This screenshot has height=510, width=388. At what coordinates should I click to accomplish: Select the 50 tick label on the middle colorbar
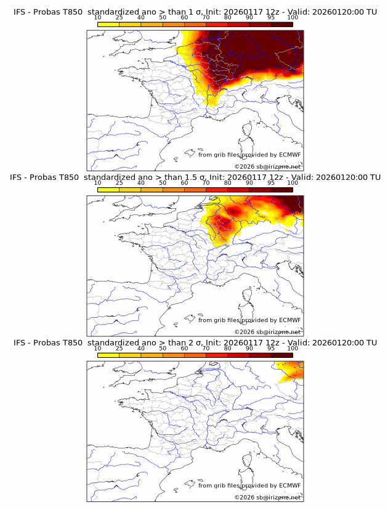pos(163,182)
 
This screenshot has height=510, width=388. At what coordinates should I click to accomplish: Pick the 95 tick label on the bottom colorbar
pos(271,348)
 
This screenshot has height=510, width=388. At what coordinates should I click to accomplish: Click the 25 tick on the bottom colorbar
pos(119,348)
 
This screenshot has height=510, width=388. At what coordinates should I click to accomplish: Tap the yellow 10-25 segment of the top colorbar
pos(108,23)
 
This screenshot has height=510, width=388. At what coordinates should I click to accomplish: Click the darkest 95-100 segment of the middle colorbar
pos(281,189)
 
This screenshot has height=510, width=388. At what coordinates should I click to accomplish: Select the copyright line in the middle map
pos(268,332)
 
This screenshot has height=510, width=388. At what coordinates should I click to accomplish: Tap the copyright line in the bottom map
pos(268,498)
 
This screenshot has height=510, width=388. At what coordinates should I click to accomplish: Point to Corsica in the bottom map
pos(248,461)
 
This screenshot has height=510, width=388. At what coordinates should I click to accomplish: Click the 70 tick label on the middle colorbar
pos(206,182)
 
